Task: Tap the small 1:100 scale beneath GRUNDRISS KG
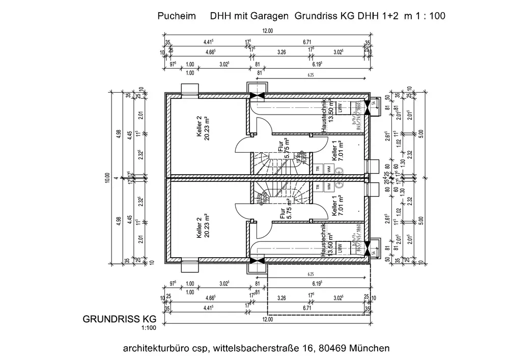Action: (147, 328)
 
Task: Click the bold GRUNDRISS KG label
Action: (119, 319)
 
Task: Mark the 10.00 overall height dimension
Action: (108, 178)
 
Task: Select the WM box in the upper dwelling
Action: (329, 168)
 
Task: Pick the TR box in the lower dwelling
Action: (318, 187)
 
